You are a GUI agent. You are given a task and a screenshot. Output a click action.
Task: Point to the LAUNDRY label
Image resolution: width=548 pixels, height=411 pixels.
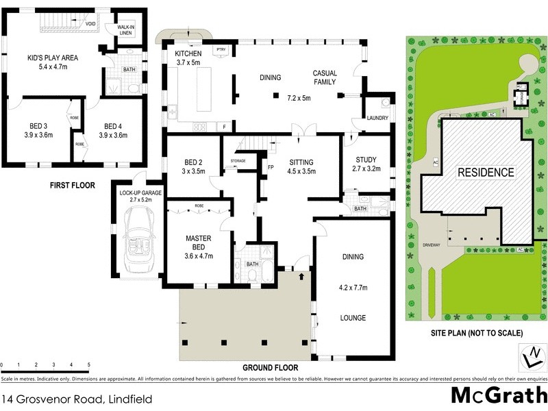[x=377, y=118]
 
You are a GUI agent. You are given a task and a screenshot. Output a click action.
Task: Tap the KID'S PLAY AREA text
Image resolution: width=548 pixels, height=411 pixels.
[x=53, y=58]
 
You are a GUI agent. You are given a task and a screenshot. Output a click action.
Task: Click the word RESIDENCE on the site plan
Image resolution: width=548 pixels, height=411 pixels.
[x=485, y=173]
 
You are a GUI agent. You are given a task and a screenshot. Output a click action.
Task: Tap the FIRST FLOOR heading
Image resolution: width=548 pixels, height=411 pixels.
[x=72, y=185]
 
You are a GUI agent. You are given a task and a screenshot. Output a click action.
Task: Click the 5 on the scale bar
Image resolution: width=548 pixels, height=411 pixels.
[x=89, y=365]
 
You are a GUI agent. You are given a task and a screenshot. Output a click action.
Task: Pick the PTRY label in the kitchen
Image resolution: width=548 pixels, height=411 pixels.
[x=221, y=50]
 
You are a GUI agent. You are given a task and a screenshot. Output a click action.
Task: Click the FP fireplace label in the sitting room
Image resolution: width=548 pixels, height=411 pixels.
[x=270, y=166]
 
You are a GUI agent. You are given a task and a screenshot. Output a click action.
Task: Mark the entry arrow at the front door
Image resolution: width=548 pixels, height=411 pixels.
[x=303, y=277]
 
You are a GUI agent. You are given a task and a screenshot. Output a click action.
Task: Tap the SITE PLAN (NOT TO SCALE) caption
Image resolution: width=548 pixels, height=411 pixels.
[x=477, y=333]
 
